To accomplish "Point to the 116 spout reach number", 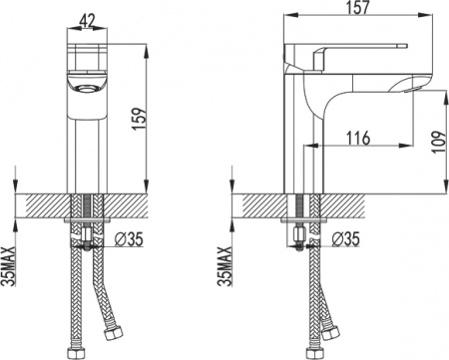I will (361, 139).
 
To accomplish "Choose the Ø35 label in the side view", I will (344, 239).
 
